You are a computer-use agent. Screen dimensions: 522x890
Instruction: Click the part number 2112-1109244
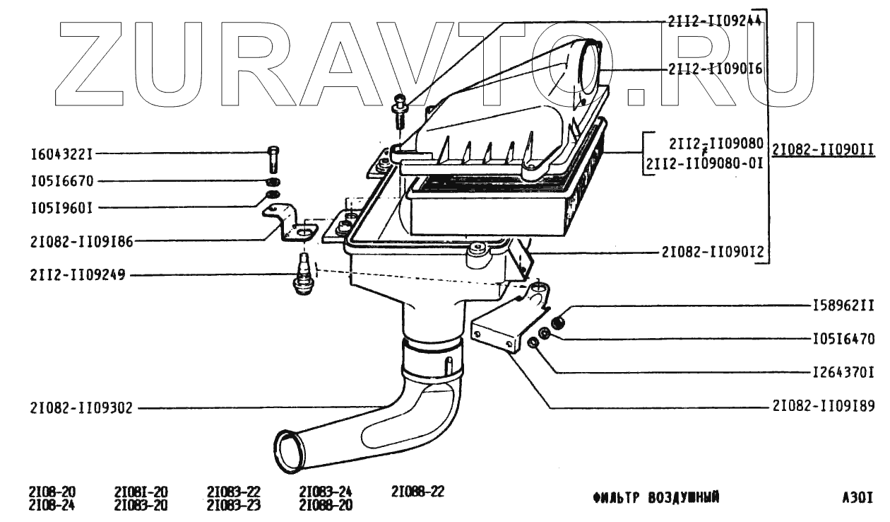(x=714, y=22)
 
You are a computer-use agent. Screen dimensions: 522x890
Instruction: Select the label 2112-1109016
(x=714, y=69)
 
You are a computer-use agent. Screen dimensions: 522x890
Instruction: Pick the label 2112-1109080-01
(x=704, y=164)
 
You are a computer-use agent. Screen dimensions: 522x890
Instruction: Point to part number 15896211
(x=842, y=306)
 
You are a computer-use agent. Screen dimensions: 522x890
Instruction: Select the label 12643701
(x=842, y=371)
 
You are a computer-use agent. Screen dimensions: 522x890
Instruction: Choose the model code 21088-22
(x=417, y=492)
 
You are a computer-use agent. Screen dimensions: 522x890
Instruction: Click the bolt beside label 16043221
(x=275, y=158)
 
